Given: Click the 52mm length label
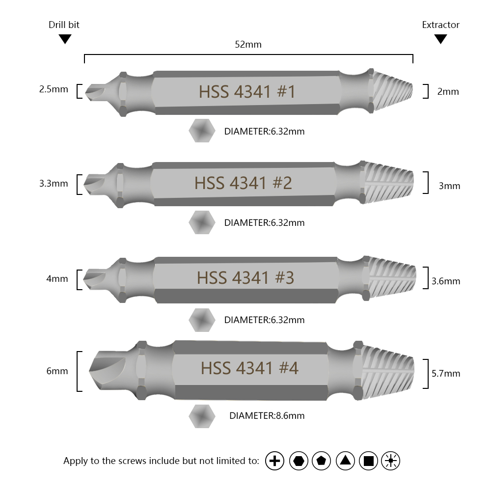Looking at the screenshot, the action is [x=248, y=45].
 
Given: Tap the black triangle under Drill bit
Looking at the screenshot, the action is [x=65, y=39].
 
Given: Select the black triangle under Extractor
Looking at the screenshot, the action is [x=440, y=39].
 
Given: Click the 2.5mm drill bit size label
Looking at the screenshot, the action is [x=54, y=89].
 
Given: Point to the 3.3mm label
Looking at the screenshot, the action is [x=54, y=184].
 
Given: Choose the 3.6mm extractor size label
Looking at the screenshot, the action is [x=446, y=281].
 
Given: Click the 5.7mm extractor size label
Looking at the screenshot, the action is [x=446, y=374].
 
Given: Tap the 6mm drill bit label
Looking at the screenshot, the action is [x=57, y=371].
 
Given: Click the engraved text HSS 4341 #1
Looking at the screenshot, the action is [x=247, y=92].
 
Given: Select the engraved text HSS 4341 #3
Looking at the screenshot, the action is [x=245, y=278].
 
